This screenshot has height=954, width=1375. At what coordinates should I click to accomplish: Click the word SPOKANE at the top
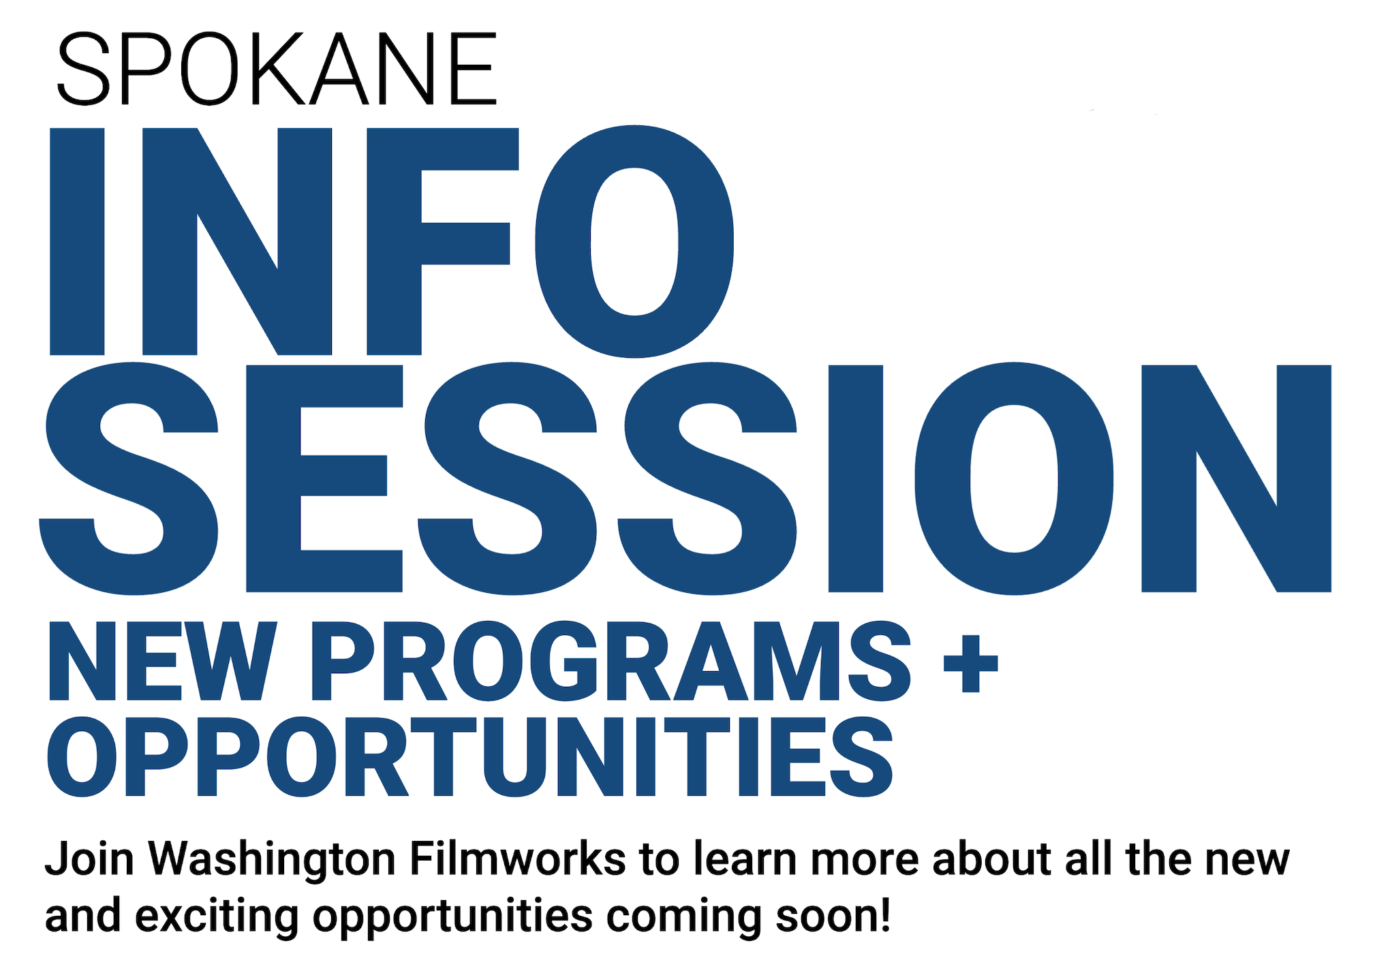(277, 69)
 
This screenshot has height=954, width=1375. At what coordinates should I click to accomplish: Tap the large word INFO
(392, 241)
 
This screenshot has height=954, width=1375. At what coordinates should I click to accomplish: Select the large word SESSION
(685, 478)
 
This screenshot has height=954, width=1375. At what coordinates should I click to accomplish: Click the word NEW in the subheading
(162, 661)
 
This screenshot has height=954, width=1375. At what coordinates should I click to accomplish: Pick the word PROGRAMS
(611, 661)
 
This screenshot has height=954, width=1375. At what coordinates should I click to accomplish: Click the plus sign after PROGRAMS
(971, 664)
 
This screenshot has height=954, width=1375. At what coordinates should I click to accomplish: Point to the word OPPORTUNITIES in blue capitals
(469, 757)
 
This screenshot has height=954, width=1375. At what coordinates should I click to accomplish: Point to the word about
(992, 858)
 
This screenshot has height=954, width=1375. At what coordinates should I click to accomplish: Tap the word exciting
(217, 917)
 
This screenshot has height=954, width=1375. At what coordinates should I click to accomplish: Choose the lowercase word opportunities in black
(452, 917)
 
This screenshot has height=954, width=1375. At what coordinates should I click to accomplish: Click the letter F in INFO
(443, 241)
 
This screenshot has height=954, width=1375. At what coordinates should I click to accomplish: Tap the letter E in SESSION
(324, 478)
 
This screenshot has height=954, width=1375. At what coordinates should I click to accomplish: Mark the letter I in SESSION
(856, 478)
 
